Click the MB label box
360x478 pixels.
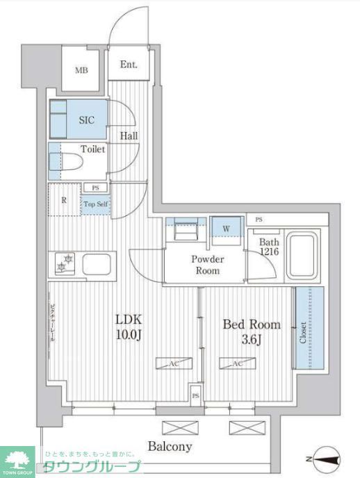81,69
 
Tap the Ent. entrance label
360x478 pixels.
129,65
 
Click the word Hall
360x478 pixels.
128,136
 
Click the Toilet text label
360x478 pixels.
92,149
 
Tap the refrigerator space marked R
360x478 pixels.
63,201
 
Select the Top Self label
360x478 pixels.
95,204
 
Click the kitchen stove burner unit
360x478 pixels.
65,265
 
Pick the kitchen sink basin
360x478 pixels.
97,265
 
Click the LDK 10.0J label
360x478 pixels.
129,327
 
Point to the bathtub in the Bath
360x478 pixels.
302,254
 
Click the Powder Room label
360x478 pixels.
206,265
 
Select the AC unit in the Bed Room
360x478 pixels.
235,363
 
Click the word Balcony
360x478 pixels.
170,447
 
